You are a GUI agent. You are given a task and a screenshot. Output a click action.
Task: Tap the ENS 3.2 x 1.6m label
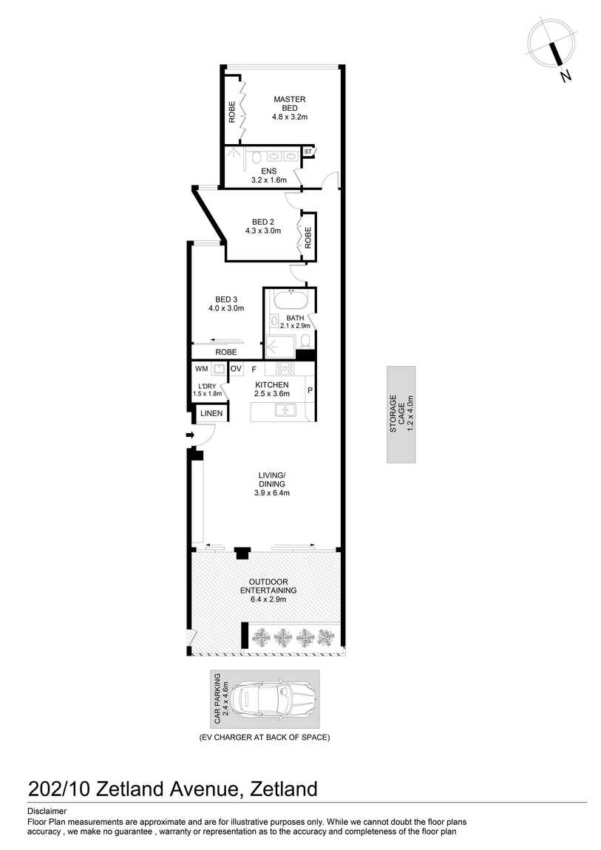pos(269,176)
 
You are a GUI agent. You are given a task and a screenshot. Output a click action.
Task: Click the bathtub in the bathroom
pos(294,300)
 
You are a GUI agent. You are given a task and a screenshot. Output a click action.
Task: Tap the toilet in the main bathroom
pos(305,341)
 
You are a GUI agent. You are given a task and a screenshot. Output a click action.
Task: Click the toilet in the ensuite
pos(257,157)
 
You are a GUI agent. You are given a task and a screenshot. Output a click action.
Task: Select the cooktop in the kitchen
pos(285,369)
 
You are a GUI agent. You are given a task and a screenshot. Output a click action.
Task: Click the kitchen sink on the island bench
pos(285,409)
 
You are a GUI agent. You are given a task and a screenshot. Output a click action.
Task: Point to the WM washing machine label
pos(202,369)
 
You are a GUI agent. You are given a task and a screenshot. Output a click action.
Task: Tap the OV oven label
pos(236,369)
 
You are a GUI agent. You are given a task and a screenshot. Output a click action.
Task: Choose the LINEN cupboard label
pos(211,413)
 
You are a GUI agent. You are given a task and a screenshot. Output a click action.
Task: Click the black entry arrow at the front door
pos(190,435)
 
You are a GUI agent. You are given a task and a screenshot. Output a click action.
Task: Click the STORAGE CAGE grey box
pos(401,415)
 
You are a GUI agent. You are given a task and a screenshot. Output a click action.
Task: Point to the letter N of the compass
pos(566,76)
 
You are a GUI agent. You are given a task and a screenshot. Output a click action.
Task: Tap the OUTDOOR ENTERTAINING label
pos(268,586)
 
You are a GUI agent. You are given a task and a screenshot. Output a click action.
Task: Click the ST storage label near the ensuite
pos(308,152)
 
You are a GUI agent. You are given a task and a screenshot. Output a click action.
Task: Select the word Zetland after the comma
pos(283,789)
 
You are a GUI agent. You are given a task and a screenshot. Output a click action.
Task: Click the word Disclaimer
pos(47,812)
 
